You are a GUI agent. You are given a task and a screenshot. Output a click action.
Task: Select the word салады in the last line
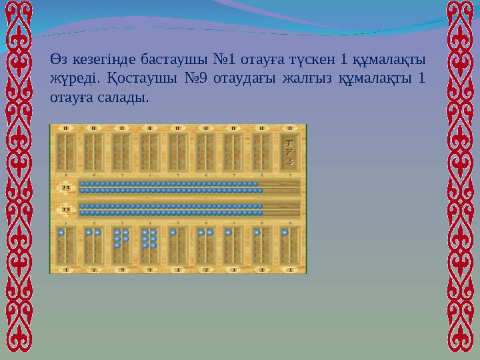(122, 97)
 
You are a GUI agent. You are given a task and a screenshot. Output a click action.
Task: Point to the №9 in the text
(193, 79)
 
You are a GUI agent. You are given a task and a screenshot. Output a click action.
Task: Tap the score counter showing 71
(66, 188)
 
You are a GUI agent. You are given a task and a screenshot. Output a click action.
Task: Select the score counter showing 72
(66, 209)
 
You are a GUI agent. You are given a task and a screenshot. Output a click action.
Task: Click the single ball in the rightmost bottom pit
(285, 233)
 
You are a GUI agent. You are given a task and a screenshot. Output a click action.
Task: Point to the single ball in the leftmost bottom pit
(61, 233)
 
